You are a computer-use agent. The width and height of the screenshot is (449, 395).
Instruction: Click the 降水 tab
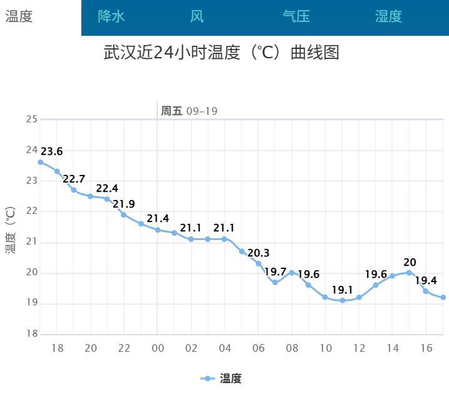click(x=111, y=17)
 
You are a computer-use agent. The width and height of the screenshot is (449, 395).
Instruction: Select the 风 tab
click(x=197, y=17)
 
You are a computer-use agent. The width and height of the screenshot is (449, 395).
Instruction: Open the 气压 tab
click(x=296, y=17)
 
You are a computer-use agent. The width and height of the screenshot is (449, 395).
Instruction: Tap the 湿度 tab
click(x=388, y=17)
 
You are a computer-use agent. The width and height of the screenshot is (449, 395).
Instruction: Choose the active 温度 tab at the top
click(x=19, y=17)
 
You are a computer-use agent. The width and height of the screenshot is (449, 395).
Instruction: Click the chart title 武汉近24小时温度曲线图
click(x=221, y=53)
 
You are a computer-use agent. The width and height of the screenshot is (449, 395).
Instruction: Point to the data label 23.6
click(x=51, y=152)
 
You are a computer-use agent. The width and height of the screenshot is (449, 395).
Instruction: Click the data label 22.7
click(x=74, y=179)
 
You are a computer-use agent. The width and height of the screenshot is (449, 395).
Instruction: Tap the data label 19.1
click(x=343, y=290)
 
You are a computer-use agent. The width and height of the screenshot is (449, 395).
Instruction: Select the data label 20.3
click(x=258, y=253)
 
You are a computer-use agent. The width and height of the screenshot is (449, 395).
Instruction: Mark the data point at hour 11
click(x=342, y=300)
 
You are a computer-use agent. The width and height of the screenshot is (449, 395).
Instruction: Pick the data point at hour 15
click(x=409, y=272)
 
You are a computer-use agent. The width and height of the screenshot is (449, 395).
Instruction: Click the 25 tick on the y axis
click(x=31, y=119)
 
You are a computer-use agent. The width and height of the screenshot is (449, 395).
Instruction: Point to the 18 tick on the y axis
click(x=31, y=334)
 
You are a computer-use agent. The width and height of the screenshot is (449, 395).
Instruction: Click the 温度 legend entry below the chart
click(x=221, y=379)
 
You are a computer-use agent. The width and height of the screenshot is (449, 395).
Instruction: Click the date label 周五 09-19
click(x=189, y=111)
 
